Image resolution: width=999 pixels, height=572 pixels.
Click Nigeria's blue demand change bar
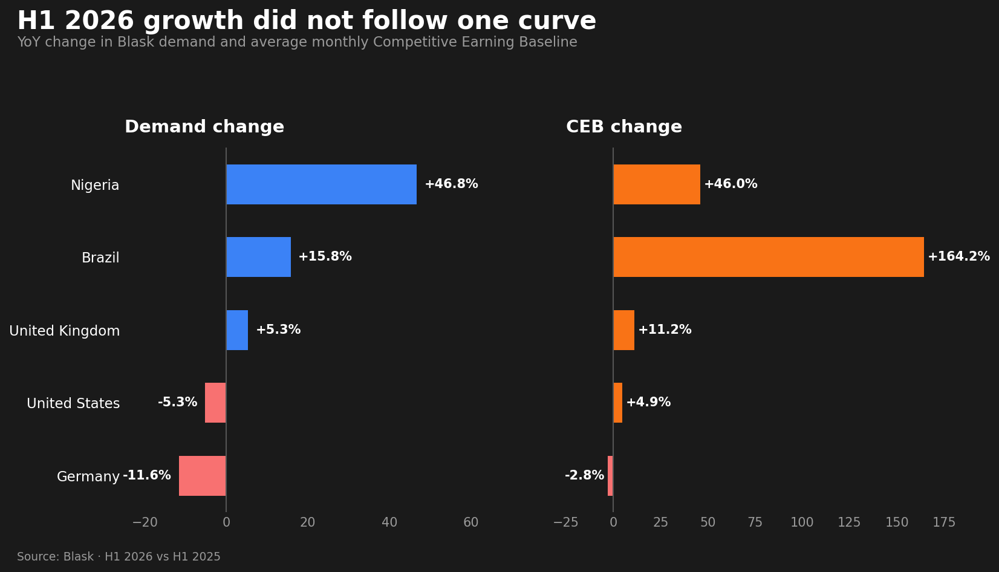[322, 184]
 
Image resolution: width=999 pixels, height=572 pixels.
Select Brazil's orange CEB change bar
[769, 257]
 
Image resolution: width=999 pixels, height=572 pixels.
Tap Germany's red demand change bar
[203, 476]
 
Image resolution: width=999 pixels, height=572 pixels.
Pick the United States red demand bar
[215, 403]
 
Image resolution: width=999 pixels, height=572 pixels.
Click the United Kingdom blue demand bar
[237, 330]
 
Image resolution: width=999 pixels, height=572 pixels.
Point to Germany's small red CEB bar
[610, 476]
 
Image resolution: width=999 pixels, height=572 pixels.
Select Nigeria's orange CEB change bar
[657, 184]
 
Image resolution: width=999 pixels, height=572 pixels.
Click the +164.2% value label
[959, 256]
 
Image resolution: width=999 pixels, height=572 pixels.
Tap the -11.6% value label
[147, 475]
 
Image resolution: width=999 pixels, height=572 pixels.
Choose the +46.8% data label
[451, 184]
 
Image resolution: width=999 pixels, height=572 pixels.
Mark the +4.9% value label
[648, 402]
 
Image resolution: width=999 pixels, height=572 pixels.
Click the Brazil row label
[100, 258]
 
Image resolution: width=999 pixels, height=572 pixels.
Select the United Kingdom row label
[65, 331]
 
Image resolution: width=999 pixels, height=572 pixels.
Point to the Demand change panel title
[204, 126]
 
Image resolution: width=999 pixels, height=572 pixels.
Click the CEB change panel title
[624, 126]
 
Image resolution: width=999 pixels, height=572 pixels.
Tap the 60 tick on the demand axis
[471, 522]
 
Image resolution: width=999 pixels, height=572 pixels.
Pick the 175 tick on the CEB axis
[944, 522]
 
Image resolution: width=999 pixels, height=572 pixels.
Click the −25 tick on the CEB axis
[566, 522]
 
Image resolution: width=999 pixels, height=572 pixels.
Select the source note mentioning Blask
[119, 557]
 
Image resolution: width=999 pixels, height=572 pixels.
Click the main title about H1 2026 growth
[307, 21]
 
